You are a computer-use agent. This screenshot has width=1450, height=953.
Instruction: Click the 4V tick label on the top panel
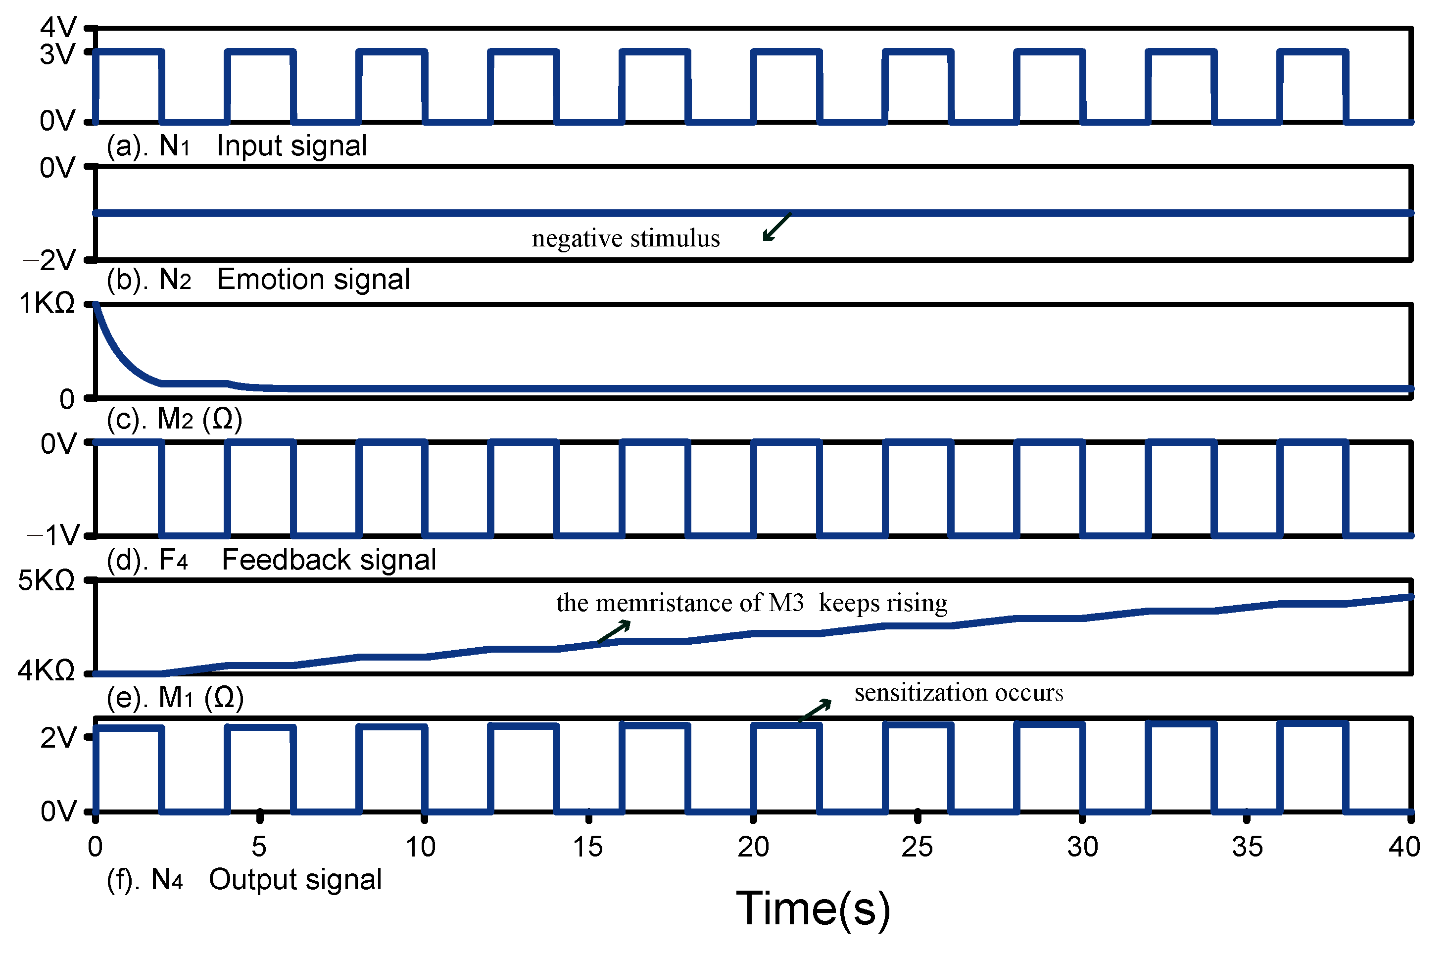58,27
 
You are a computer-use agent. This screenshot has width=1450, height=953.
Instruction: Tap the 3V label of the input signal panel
58,54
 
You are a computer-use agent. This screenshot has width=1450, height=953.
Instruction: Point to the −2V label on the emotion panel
49,261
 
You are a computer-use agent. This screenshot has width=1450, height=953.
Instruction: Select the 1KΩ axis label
47,303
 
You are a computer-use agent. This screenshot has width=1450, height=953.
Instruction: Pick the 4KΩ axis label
47,670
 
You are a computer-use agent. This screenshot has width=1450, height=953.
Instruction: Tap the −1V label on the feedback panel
53,535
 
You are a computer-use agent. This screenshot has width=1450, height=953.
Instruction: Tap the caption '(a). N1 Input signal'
237,146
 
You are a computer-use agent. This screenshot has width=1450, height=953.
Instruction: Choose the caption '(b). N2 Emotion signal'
258,280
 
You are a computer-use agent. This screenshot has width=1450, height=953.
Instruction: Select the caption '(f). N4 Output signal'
243,880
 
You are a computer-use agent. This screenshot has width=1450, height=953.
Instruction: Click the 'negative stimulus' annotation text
626,238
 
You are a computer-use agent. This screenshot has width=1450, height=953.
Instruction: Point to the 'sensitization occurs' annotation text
959,693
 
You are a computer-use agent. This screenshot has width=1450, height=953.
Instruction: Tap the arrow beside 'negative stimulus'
777,226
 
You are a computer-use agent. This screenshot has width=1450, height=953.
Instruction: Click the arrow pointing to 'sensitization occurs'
815,710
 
